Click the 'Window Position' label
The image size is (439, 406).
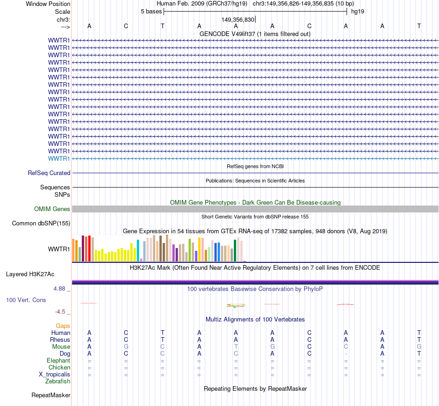(48, 4)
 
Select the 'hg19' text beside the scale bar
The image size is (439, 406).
(358, 12)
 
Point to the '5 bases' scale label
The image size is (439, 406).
(151, 12)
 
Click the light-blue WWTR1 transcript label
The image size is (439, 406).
(59, 159)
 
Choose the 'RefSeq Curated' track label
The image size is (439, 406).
(49, 173)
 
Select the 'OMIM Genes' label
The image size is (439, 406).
(52, 209)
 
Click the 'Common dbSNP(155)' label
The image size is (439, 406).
(41, 224)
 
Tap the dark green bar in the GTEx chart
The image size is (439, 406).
(235, 250)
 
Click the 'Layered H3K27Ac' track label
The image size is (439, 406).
(30, 274)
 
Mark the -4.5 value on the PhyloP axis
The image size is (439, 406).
(61, 312)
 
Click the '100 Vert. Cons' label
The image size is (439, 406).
(26, 300)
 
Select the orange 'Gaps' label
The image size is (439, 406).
(63, 326)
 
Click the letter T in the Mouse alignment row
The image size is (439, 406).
(236, 347)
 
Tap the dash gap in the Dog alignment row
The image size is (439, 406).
(346, 354)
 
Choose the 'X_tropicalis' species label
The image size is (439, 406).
(55, 375)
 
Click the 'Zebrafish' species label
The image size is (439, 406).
(58, 382)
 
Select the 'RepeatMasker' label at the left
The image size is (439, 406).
(51, 395)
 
